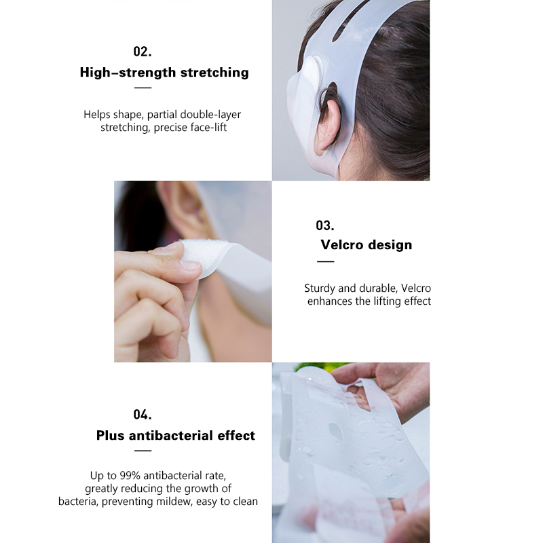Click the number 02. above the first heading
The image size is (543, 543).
tap(143, 52)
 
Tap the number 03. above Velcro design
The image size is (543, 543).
tap(325, 225)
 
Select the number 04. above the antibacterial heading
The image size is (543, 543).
tap(143, 415)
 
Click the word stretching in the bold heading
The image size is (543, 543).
tap(214, 73)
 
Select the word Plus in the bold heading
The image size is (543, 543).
tap(110, 435)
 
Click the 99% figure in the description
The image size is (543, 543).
tap(130, 476)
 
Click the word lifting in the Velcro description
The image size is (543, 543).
tap(387, 301)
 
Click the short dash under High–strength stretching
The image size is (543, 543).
tap(143, 88)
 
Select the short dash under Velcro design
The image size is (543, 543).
tap(326, 262)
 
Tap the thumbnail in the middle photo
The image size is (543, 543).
tap(190, 265)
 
